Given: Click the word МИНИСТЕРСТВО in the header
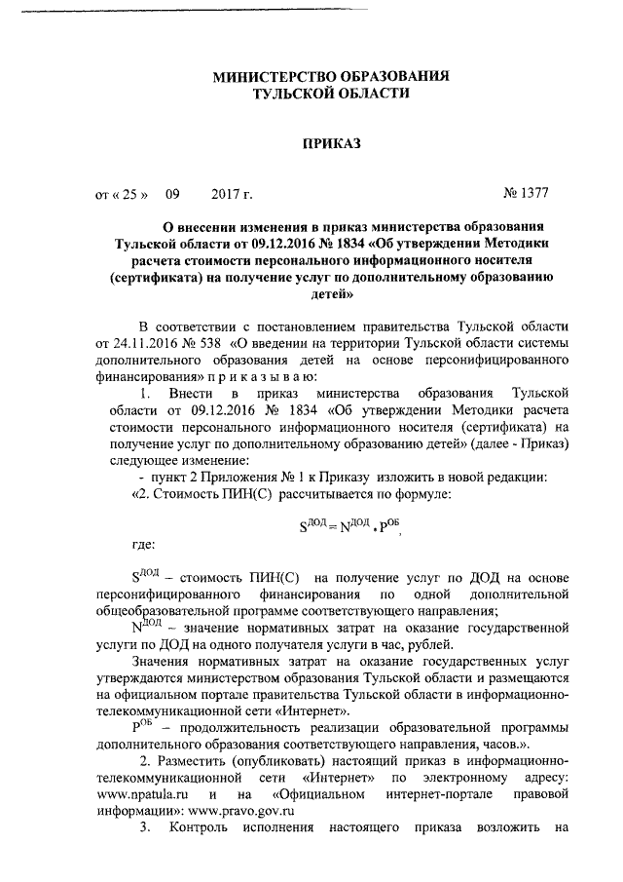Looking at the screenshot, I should [x=273, y=76].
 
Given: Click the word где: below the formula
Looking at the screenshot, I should [x=146, y=543].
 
